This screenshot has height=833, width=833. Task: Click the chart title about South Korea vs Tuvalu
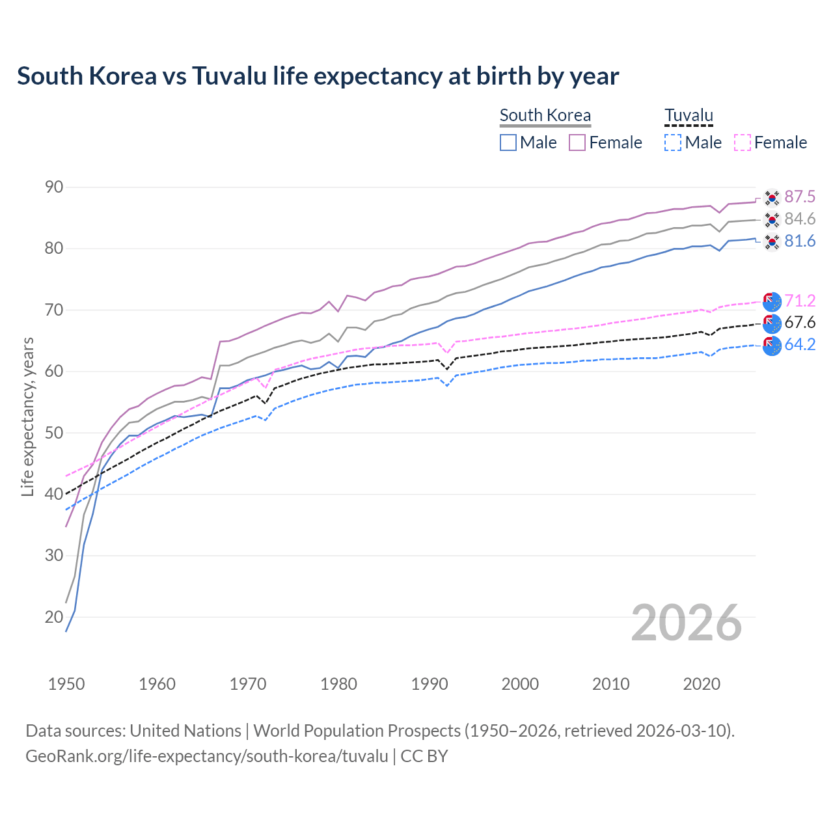[318, 76]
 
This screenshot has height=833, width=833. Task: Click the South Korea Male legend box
[508, 143]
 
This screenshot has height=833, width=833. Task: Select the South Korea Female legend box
[577, 143]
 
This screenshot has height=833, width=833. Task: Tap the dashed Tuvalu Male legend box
[673, 143]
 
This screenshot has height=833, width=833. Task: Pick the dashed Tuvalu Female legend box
[743, 143]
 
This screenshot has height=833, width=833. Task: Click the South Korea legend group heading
[545, 115]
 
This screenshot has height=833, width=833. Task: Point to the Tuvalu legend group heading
[689, 115]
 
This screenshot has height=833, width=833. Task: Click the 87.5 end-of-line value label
[800, 197]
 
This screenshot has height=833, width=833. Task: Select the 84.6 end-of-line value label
[800, 219]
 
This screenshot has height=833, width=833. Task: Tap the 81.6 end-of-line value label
[800, 241]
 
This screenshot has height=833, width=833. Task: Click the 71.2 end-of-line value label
[800, 301]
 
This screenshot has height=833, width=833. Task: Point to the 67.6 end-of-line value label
[800, 323]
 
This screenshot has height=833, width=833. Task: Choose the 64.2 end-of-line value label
[800, 345]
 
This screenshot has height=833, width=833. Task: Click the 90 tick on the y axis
[54, 187]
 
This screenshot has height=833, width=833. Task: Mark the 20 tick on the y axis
[54, 617]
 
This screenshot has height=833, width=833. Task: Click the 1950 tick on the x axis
[66, 684]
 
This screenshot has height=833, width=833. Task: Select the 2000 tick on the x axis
[520, 684]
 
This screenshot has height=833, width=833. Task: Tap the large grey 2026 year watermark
[687, 623]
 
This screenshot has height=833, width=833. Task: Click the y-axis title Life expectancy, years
[27, 416]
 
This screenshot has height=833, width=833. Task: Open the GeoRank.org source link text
[207, 756]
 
